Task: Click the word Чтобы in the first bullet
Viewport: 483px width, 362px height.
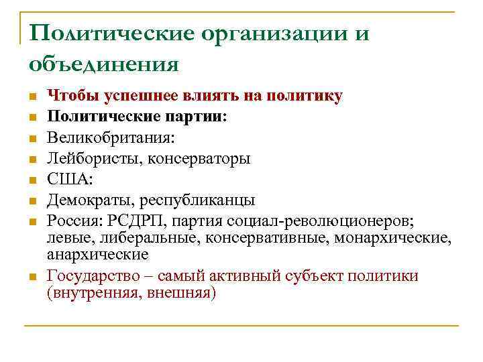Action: coord(72,96)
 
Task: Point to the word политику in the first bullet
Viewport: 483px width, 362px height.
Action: coord(305,96)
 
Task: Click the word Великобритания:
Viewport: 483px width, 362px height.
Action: coord(110,137)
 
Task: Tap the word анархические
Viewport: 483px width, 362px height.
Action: coord(98,255)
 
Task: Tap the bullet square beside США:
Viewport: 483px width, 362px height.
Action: coord(32,180)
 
